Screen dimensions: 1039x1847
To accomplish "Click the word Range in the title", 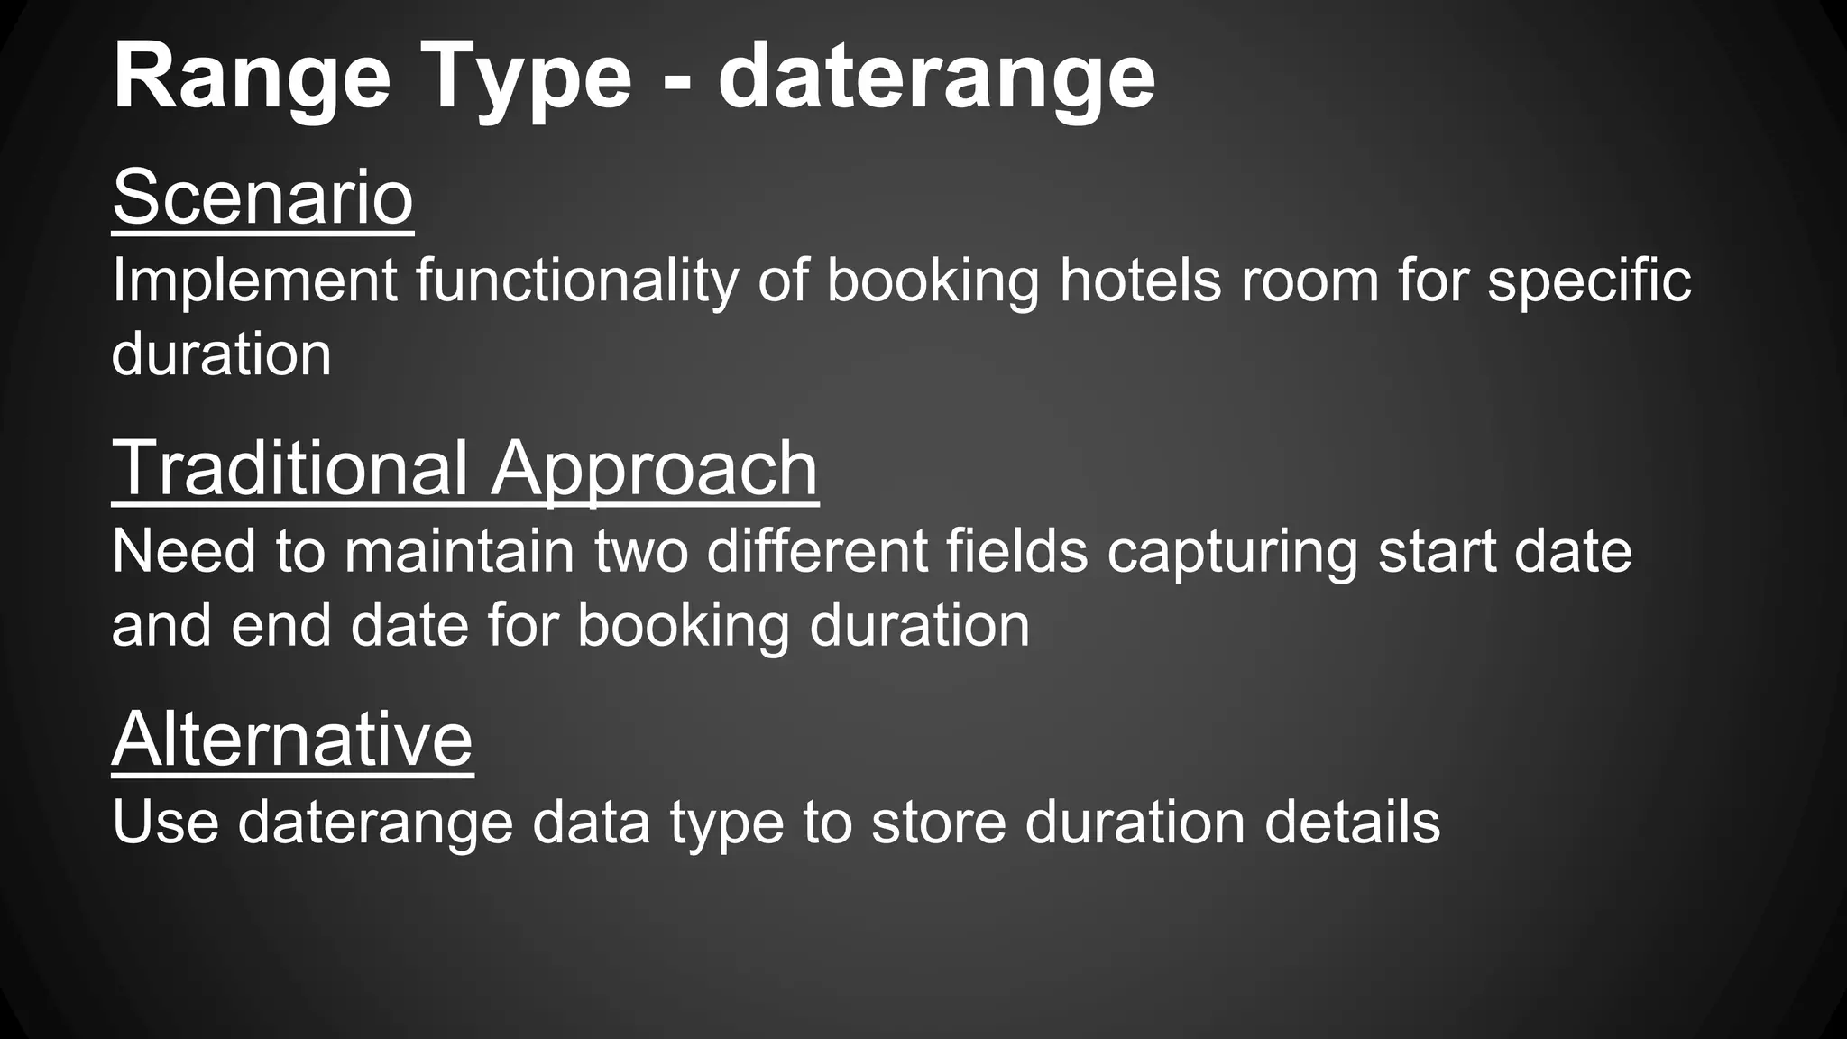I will (x=252, y=79).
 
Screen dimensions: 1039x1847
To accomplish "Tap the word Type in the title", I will (x=526, y=79).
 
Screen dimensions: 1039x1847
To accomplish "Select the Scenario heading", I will (x=262, y=198).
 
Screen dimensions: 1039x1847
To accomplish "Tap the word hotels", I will (x=1139, y=280).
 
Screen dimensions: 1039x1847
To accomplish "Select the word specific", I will (x=1589, y=280).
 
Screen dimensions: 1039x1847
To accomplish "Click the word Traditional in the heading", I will (x=289, y=468).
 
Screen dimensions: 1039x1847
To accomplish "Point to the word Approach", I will (x=655, y=468).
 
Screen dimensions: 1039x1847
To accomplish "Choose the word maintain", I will (x=459, y=551).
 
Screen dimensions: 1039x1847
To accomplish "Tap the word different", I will (x=817, y=551).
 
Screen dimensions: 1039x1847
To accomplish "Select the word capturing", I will (x=1232, y=551).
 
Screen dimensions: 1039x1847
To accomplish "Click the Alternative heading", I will (x=292, y=739).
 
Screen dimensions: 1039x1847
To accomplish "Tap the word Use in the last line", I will (x=165, y=822).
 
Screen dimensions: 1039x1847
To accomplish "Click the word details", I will (x=1352, y=822).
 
